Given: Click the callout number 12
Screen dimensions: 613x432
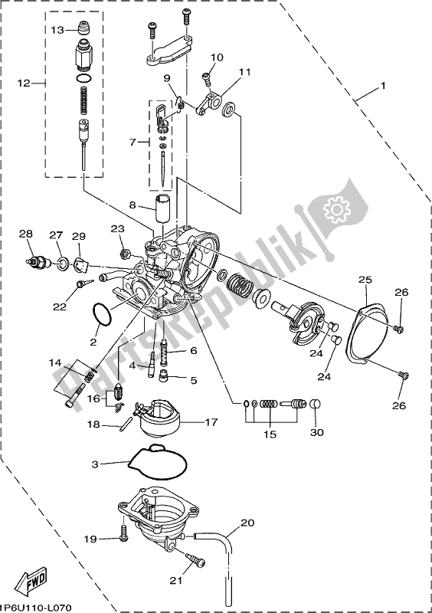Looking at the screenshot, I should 23,82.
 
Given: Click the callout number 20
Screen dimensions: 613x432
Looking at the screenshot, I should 247,523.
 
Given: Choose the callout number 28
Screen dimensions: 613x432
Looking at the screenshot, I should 27,234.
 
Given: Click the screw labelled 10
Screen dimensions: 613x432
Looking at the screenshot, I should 206,77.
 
